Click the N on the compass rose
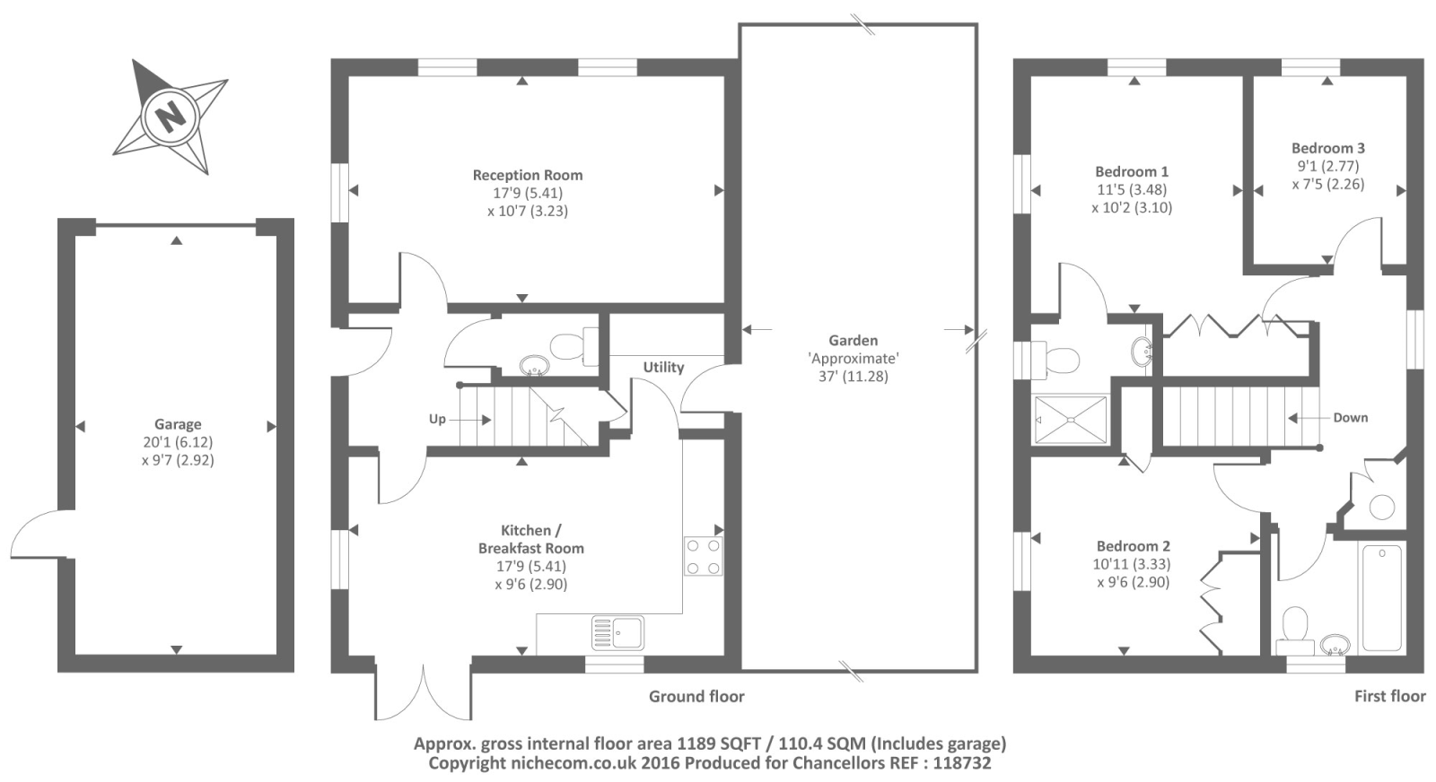[x=171, y=117]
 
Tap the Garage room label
[x=178, y=424]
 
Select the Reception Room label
[x=528, y=175]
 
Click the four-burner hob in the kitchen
[x=704, y=556]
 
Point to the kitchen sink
[x=618, y=633]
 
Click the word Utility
[x=663, y=367]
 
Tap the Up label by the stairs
[x=437, y=419]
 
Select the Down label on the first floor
[x=1351, y=418]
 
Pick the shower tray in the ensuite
[x=1072, y=420]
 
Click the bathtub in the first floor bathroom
[x=1382, y=597]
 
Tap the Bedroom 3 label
[x=1328, y=148]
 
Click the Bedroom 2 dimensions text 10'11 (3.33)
[x=1132, y=564]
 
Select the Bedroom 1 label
[x=1132, y=171]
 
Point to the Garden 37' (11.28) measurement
[x=854, y=376]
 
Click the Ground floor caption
[x=696, y=696]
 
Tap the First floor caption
[x=1390, y=696]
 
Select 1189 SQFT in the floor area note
[x=719, y=743]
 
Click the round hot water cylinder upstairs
[x=1382, y=508]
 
